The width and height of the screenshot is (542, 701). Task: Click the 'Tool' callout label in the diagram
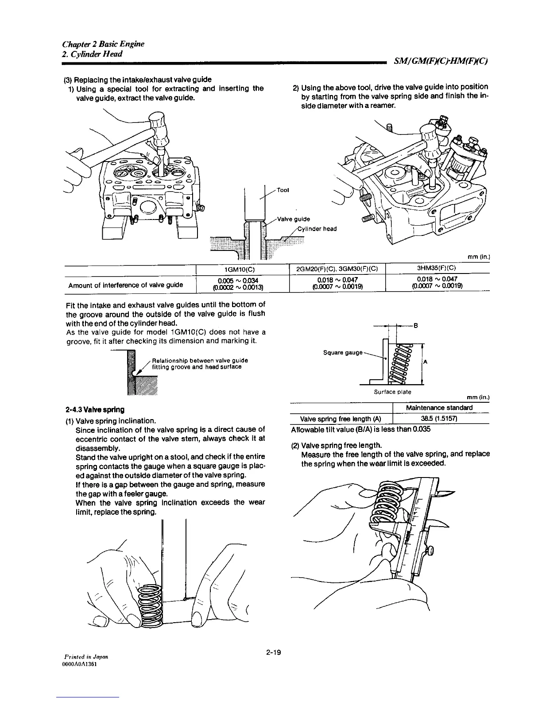(x=283, y=190)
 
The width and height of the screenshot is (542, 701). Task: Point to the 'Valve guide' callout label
(x=293, y=219)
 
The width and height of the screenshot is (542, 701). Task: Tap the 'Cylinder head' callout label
(x=317, y=229)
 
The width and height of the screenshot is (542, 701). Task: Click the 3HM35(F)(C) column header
(x=436, y=268)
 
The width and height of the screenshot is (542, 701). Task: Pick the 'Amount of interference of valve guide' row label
(x=126, y=285)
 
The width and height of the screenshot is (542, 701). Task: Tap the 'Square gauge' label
(x=343, y=353)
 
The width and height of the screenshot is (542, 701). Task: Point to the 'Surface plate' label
(x=392, y=392)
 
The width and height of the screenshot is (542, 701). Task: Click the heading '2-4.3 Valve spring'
(x=94, y=409)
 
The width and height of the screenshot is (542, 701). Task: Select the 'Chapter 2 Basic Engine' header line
(x=103, y=44)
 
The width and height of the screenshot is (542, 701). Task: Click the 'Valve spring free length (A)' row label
(x=341, y=419)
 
